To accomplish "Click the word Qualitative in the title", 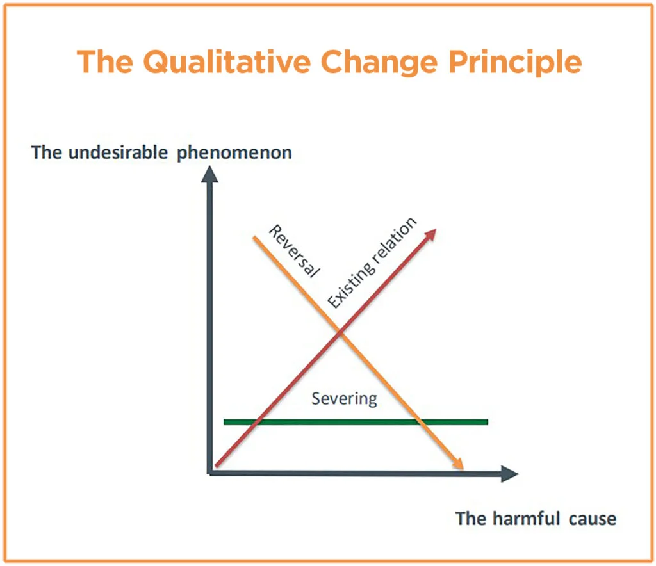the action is point(227,62).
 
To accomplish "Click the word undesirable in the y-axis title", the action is point(118,152).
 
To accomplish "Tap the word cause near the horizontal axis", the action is point(593,519).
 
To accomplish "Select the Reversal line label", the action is point(294,251).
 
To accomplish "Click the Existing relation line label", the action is point(372,263).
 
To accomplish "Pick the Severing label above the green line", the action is point(344,399).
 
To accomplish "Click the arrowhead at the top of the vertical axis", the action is point(209,174).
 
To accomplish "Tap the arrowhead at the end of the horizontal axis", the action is point(509,474).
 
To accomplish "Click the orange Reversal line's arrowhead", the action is point(459,464).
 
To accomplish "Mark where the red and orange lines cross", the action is point(340,332).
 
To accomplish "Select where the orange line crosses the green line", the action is point(420,422).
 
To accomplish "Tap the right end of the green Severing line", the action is point(488,422).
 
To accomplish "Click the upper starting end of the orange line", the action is point(254,238).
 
